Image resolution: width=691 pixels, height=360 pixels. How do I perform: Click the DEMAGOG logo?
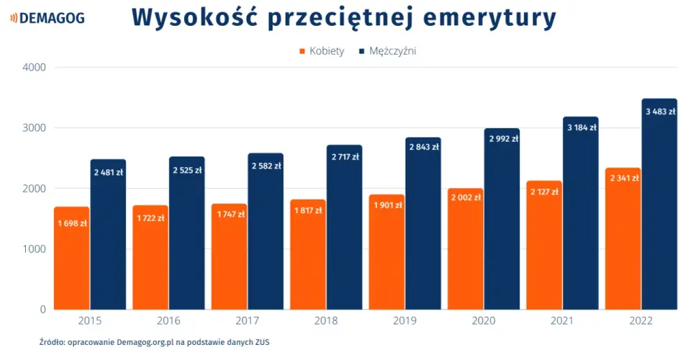coord(48,18)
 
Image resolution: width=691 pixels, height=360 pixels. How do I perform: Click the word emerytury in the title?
coord(489,19)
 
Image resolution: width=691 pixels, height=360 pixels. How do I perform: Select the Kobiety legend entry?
coord(322,51)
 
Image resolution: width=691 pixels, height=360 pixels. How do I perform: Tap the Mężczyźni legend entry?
coord(388,51)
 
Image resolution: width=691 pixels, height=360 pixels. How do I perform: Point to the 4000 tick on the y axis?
coord(34,68)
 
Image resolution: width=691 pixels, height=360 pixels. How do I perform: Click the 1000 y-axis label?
coord(34,249)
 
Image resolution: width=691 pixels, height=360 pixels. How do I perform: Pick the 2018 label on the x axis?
coord(325,321)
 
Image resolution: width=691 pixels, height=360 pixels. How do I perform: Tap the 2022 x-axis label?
coord(641,321)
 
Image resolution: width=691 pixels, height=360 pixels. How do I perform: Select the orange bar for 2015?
coord(72,258)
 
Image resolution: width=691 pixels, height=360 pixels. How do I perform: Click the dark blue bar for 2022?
coord(659,204)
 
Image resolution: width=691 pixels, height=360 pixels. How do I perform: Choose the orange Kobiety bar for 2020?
coord(466,249)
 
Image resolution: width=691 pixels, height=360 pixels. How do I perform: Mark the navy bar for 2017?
coord(266,231)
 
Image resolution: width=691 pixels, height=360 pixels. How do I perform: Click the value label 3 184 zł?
coord(582,127)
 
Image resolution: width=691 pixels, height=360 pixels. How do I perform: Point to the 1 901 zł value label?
coord(388,205)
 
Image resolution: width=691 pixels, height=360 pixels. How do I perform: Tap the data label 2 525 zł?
coord(187,170)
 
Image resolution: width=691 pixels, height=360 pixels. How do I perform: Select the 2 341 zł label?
coord(625,178)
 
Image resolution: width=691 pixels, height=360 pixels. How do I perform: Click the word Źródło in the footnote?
coord(52,342)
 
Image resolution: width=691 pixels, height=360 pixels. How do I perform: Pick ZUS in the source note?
coord(262,342)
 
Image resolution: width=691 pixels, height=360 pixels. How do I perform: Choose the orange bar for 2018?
coord(308,255)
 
